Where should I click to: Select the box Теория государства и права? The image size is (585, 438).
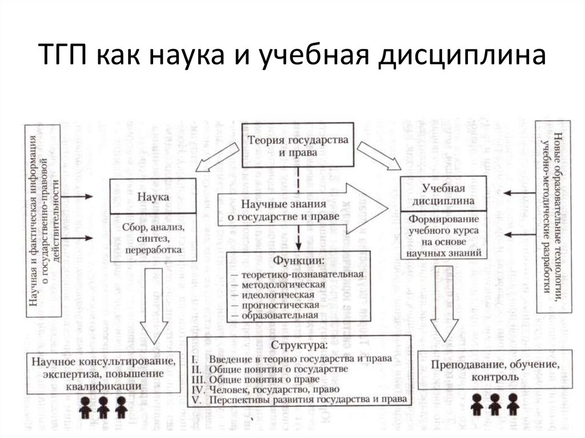(297, 146)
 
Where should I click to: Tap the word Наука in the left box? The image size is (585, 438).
(153, 196)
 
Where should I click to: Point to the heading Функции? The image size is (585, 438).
(296, 262)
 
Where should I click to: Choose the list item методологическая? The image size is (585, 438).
(283, 284)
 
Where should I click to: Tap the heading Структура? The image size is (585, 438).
(299, 345)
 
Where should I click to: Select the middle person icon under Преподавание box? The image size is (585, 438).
(495, 404)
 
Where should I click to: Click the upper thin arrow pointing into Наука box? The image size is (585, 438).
(77, 196)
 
